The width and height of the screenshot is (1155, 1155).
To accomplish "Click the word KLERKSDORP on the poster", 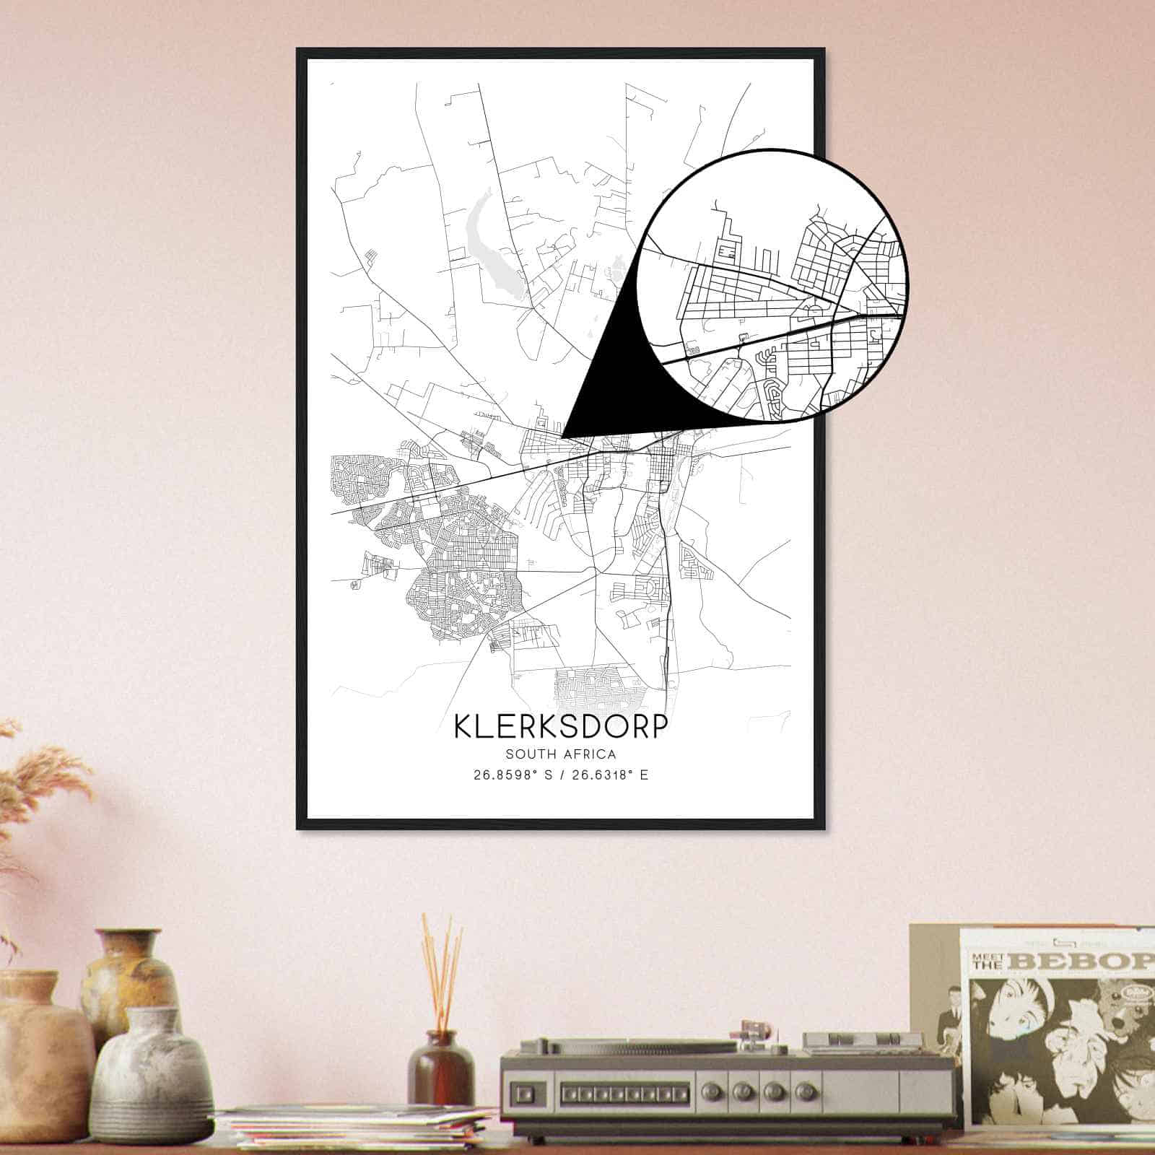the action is click(x=560, y=726).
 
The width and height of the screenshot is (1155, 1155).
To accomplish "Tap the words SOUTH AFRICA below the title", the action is click(x=560, y=754).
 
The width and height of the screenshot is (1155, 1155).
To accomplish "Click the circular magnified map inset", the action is click(x=772, y=285).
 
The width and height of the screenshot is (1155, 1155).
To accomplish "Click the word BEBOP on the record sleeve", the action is click(x=1083, y=961).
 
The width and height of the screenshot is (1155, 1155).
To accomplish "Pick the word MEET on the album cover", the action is click(x=985, y=954).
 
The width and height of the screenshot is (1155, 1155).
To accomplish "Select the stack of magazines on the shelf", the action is click(x=354, y=1126).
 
